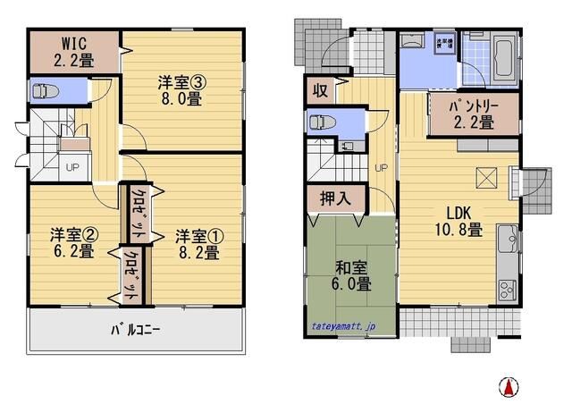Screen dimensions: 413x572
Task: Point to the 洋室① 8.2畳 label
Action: pyautogui.click(x=197, y=243)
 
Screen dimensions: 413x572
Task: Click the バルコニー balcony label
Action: pyautogui.click(x=135, y=329)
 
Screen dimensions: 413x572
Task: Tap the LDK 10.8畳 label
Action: pyautogui.click(x=459, y=221)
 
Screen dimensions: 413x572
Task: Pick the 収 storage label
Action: pyautogui.click(x=318, y=90)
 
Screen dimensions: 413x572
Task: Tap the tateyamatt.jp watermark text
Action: pyautogui.click(x=345, y=327)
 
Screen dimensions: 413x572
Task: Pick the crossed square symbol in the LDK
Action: pyautogui.click(x=487, y=179)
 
